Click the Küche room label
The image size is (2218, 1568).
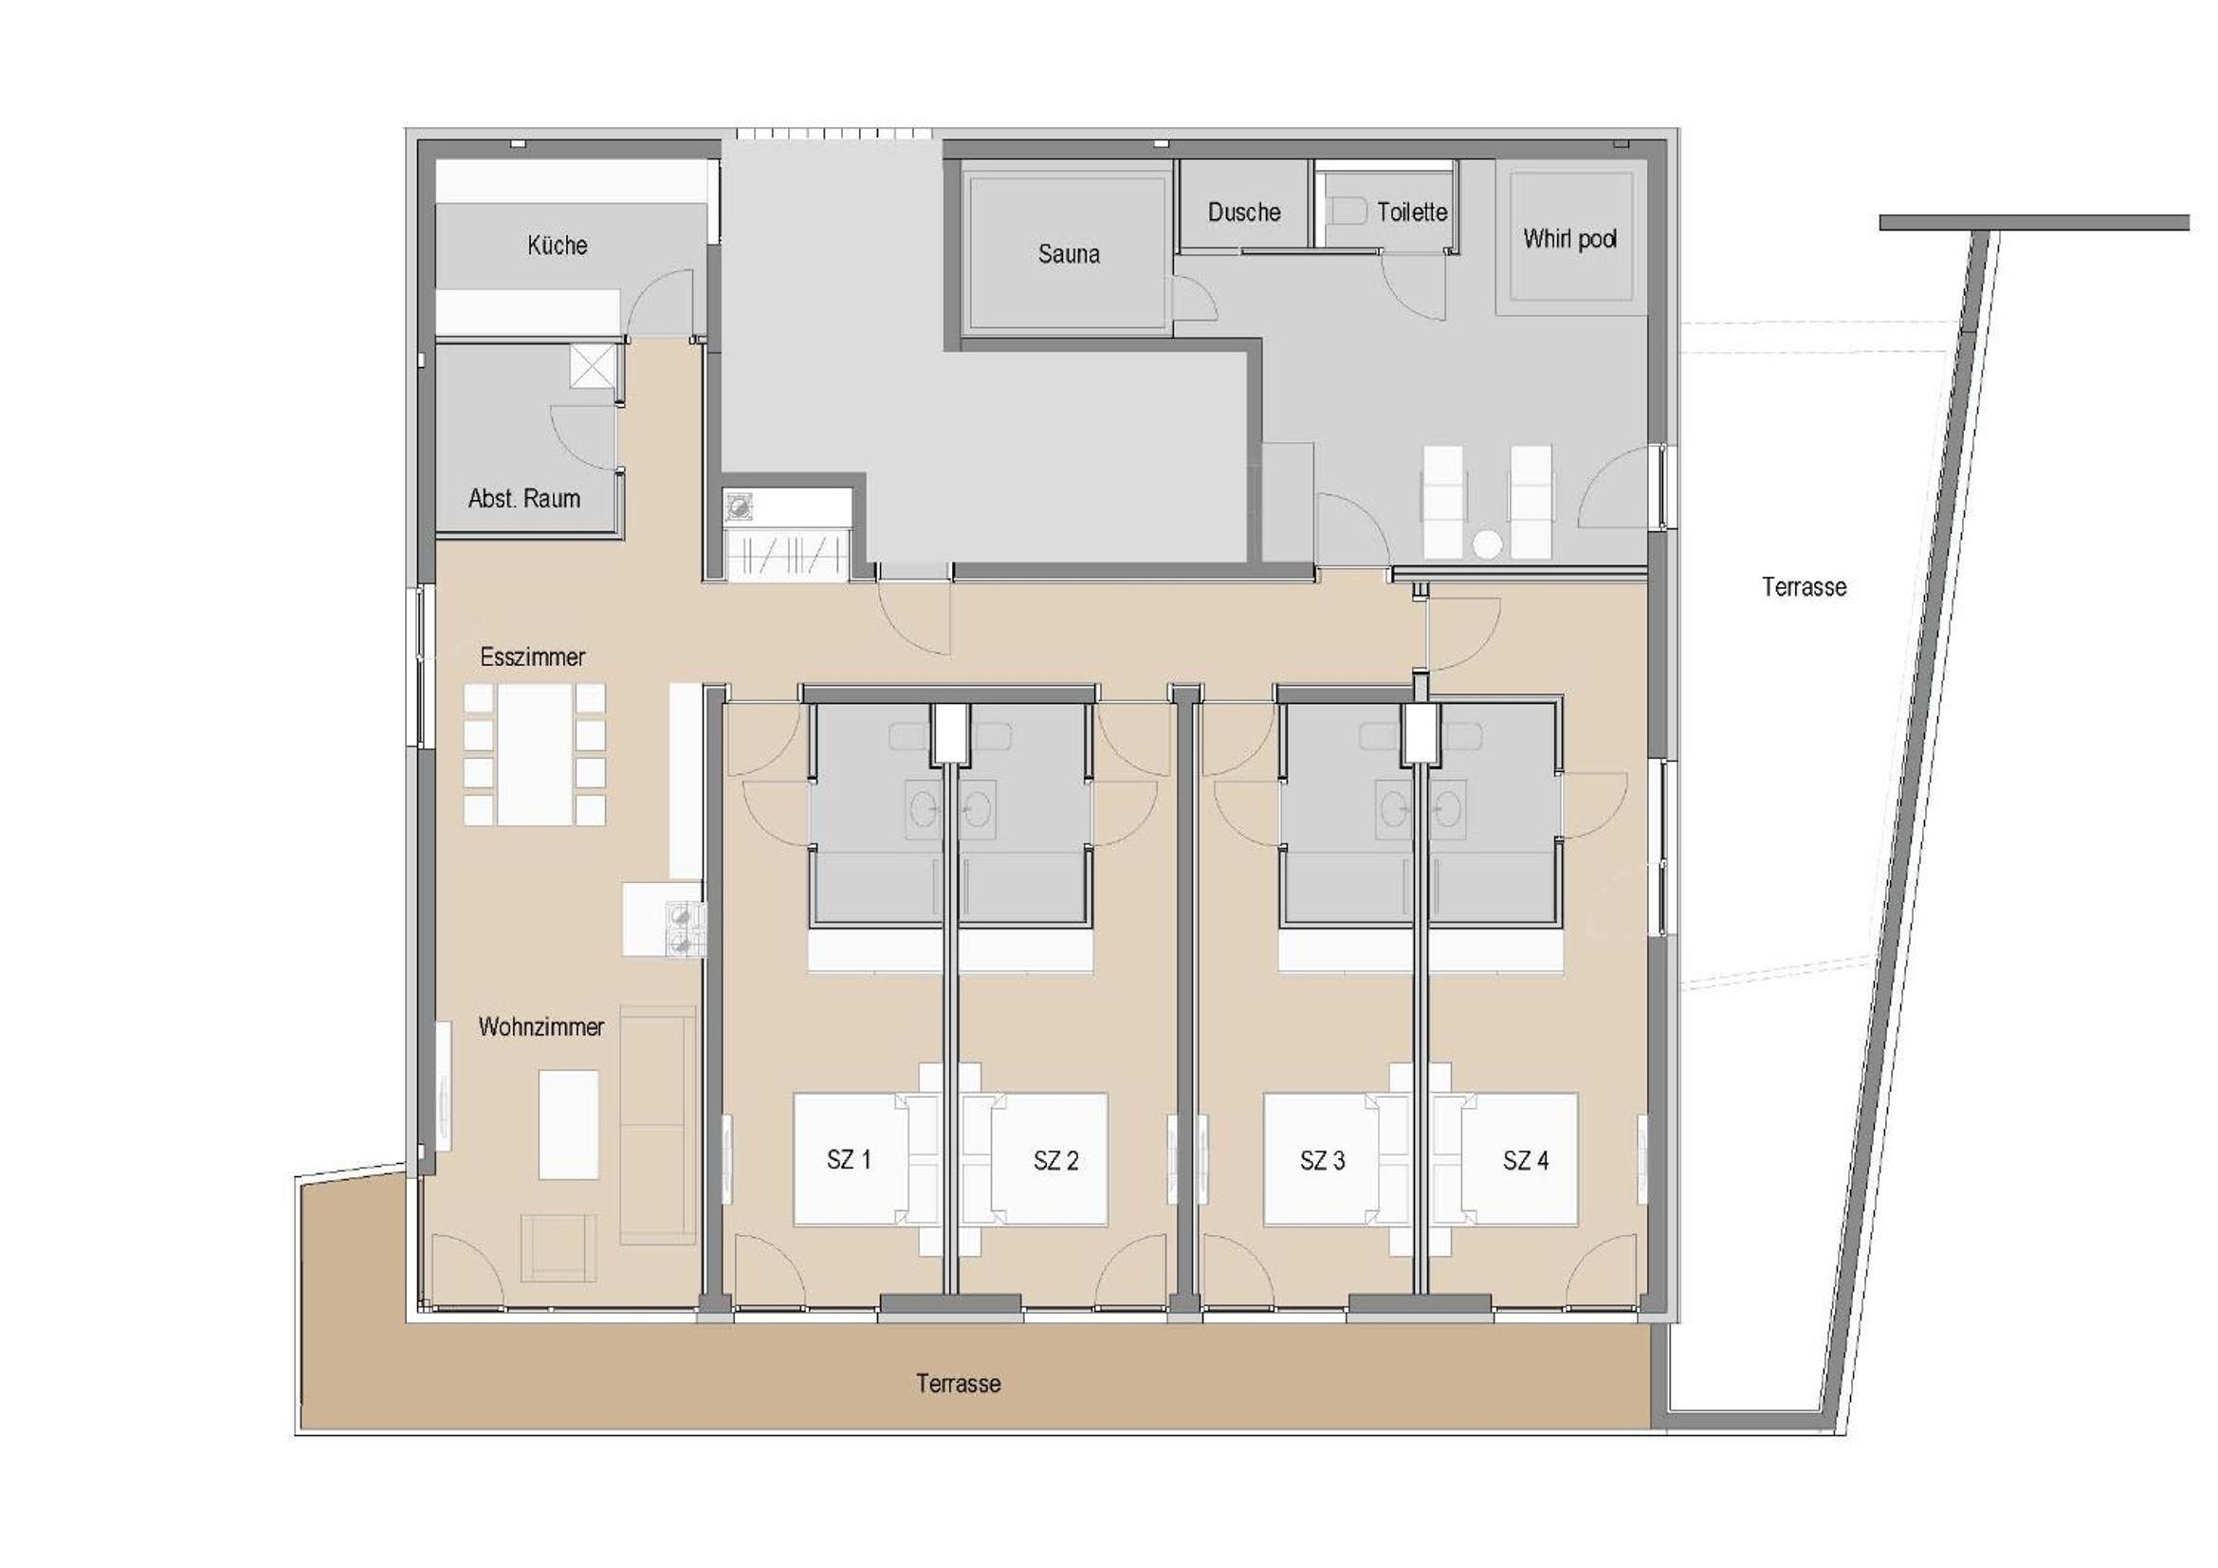click(x=558, y=246)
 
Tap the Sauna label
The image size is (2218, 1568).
click(x=1069, y=254)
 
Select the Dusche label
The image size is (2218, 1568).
click(x=1244, y=212)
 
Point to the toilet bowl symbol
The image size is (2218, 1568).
click(x=1347, y=210)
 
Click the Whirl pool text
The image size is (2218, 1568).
click(x=1569, y=239)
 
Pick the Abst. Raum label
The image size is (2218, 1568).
click(x=524, y=499)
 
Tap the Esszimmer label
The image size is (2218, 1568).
click(x=532, y=657)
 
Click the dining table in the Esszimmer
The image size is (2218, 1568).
click(x=534, y=754)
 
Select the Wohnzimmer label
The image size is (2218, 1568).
click(x=541, y=1027)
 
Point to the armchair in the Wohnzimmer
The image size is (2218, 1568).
click(x=559, y=1247)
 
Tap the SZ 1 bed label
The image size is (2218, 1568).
click(x=848, y=1159)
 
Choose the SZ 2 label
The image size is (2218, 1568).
click(x=1054, y=1160)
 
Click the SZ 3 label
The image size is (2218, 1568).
click(x=1322, y=1160)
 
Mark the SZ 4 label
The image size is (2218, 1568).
click(x=1526, y=1160)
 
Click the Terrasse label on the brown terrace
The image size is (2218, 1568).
click(x=959, y=1383)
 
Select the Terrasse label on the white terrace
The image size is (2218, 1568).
click(x=1804, y=586)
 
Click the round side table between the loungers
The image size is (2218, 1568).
click(x=1488, y=545)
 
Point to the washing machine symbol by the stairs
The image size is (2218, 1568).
click(x=739, y=506)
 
